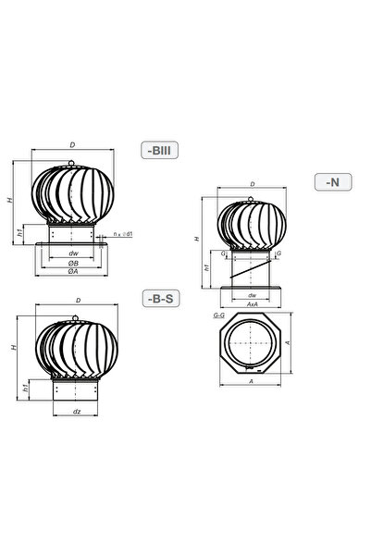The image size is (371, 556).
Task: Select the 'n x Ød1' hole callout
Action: coord(124,235)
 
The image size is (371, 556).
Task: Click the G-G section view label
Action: coord(219,315)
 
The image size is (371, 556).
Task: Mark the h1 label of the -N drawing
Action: coord(208,268)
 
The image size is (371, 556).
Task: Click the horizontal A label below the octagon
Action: coord(253,380)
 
